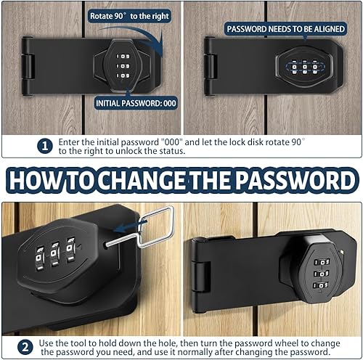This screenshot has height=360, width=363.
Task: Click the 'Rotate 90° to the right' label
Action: tap(129, 16)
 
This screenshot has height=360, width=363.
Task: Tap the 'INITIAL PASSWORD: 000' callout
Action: tap(136, 103)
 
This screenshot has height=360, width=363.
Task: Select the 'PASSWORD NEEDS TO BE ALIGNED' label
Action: tap(285, 29)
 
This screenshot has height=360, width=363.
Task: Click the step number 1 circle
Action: tap(45, 146)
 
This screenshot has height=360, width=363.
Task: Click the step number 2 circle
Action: tap(25, 348)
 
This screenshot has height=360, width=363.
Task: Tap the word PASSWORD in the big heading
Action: tap(296, 180)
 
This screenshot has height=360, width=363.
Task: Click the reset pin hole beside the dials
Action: tap(106, 245)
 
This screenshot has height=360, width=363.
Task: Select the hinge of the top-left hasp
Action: tap(27, 66)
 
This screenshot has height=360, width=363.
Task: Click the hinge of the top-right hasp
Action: tap(210, 66)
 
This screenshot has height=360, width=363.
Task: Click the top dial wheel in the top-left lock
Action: tap(123, 57)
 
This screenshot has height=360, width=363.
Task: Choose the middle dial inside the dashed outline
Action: tap(305, 67)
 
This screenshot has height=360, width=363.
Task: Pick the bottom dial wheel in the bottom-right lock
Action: tap(321, 285)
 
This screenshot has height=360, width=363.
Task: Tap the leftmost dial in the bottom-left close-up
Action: tap(39, 258)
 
